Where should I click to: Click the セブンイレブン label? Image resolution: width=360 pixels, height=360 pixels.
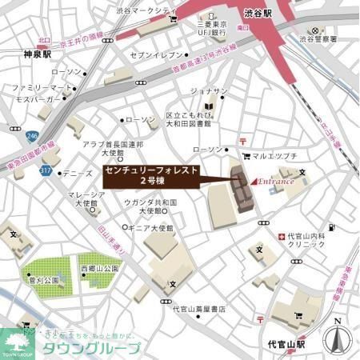[157, 55]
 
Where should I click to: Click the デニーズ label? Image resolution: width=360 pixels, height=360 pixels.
[77, 173]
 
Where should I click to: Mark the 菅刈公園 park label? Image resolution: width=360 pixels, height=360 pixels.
[45, 282]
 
